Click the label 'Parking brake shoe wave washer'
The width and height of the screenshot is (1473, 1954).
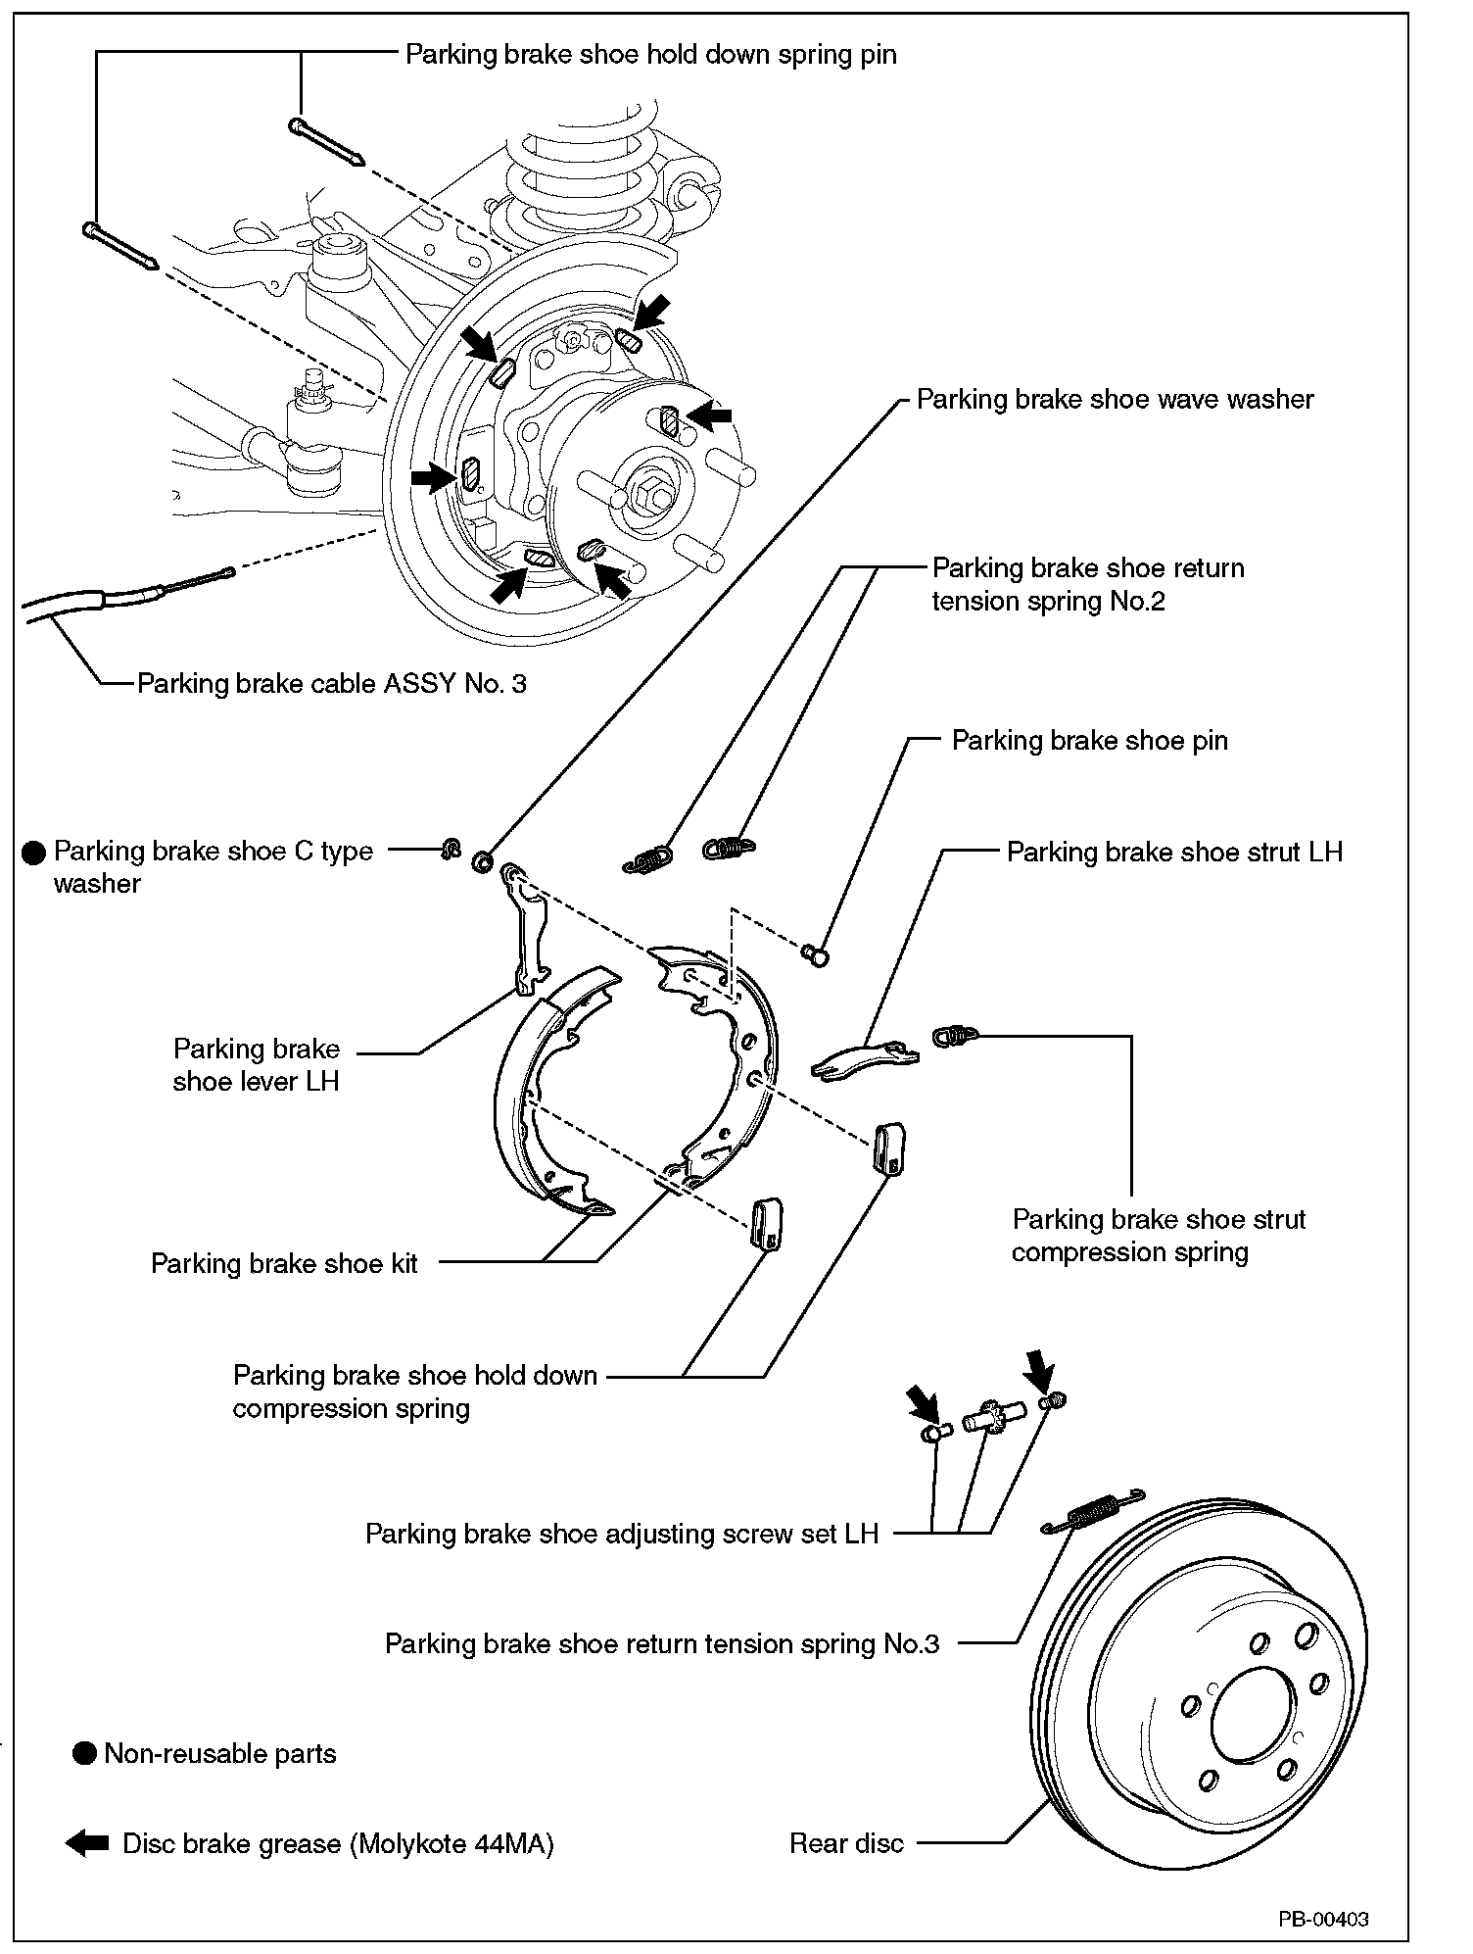tap(1115, 400)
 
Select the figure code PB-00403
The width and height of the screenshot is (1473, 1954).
tap(1322, 1918)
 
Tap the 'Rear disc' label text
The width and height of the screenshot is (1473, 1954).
tap(846, 1843)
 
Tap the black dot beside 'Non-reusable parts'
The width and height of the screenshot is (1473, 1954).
tap(85, 1753)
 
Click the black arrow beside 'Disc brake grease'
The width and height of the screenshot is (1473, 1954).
tap(87, 1843)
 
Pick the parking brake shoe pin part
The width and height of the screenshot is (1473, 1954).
tap(816, 954)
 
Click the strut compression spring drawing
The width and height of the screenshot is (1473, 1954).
tap(955, 1034)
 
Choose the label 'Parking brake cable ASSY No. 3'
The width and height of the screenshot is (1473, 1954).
tap(331, 683)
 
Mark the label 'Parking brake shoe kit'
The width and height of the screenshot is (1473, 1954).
tap(284, 1263)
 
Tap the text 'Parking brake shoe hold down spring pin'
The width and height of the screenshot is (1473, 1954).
tap(650, 54)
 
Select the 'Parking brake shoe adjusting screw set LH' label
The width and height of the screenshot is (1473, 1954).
tap(622, 1533)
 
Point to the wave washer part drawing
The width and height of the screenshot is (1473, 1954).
tap(482, 861)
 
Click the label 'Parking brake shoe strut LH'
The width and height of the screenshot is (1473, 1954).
tap(1174, 852)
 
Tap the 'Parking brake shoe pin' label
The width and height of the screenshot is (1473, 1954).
tap(1089, 740)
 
